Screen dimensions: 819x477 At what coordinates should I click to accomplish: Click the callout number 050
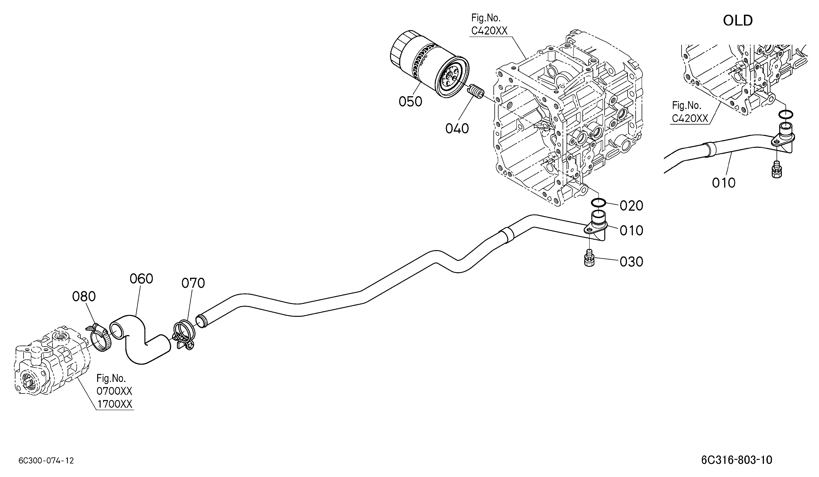click(x=411, y=102)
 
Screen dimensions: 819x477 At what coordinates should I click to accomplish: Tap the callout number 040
click(x=457, y=129)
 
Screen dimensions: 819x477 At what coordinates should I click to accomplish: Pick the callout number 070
click(x=193, y=283)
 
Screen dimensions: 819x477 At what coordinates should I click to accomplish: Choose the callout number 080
click(x=84, y=296)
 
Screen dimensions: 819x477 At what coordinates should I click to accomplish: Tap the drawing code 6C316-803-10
click(x=737, y=460)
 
